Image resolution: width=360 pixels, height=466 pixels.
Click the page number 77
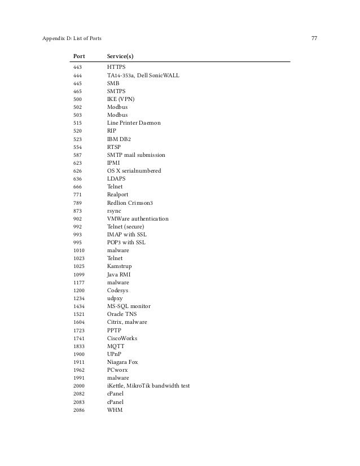[314, 39]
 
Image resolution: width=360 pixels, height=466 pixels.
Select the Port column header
[79, 56]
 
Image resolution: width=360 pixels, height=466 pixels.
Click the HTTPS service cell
[117, 67]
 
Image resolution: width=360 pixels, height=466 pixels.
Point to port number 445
[78, 83]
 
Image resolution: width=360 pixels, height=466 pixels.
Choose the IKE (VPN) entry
[121, 99]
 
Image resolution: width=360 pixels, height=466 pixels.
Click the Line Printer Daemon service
[134, 122]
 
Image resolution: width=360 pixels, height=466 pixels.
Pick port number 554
[78, 147]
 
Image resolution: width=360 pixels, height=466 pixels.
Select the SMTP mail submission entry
[136, 155]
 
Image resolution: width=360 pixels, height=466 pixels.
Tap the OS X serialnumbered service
[134, 170]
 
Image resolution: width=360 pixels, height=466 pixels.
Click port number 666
[78, 186]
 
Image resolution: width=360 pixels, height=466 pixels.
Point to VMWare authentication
[137, 218]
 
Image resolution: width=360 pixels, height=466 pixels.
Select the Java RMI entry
[118, 274]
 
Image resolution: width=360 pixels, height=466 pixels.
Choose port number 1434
[79, 306]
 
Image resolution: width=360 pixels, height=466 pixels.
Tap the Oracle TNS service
[121, 314]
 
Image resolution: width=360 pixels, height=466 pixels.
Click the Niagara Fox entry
[122, 362]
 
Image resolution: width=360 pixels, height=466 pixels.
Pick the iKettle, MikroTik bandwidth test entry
[148, 386]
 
